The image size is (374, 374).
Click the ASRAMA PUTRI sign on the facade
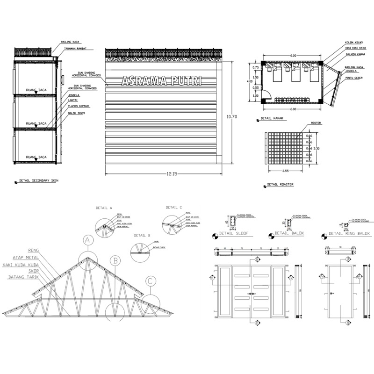point(161,81)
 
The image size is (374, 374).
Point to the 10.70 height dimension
point(232,116)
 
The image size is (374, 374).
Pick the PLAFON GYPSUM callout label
point(78,106)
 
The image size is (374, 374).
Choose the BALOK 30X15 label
point(77,112)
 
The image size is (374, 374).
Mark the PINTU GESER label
point(354,78)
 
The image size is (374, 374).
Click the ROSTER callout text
point(316,123)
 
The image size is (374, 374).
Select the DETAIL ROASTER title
point(280,185)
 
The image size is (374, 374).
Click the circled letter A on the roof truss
point(87,240)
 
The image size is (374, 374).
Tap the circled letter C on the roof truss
point(150,281)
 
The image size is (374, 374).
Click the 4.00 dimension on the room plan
point(250,81)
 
